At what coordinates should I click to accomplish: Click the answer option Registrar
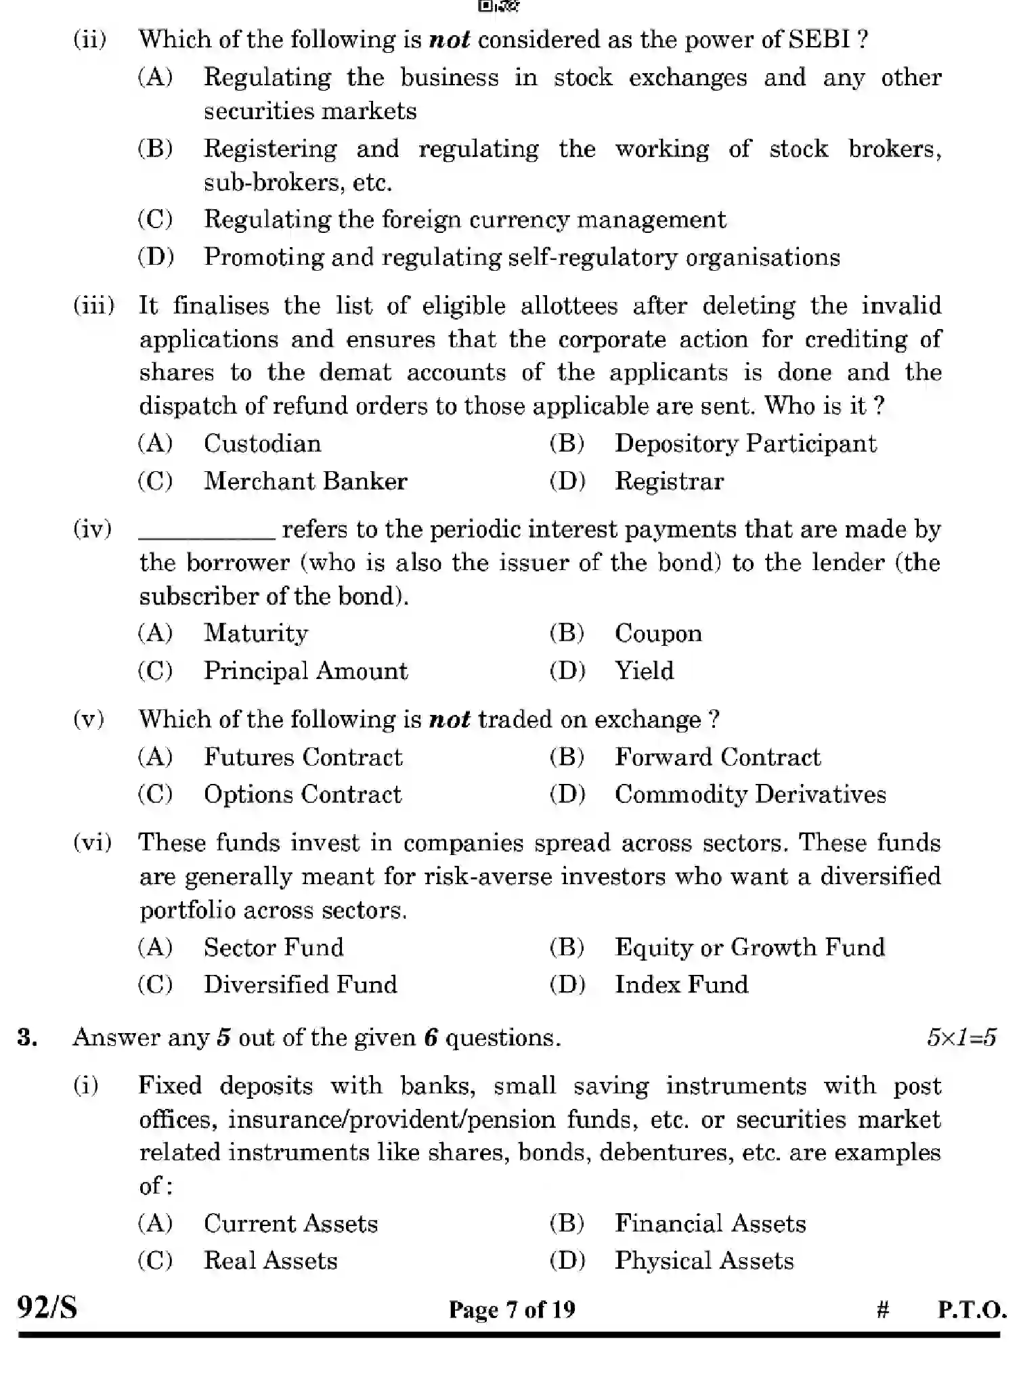tap(668, 481)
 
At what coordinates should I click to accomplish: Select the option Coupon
tap(657, 634)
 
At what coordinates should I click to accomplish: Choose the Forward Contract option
tap(717, 757)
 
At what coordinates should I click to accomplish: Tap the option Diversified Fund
tap(300, 984)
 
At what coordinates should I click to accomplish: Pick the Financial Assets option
tap(710, 1223)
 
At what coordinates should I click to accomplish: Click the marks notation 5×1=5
tap(961, 1037)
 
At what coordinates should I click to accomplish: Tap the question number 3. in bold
tap(27, 1037)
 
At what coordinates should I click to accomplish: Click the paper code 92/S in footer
tap(47, 1307)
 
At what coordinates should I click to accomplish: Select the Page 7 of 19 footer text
tap(512, 1309)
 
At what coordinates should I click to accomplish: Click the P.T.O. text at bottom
tap(971, 1310)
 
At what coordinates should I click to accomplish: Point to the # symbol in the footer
tap(882, 1310)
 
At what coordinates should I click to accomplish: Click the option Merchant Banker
tap(305, 481)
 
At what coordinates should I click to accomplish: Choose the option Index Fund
tap(681, 984)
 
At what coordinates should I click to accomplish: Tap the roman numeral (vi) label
tap(92, 843)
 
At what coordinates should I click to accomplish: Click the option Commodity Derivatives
tap(750, 794)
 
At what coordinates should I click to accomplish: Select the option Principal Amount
tap(305, 671)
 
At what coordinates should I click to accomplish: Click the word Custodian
tap(262, 444)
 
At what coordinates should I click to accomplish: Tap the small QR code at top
tap(498, 7)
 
